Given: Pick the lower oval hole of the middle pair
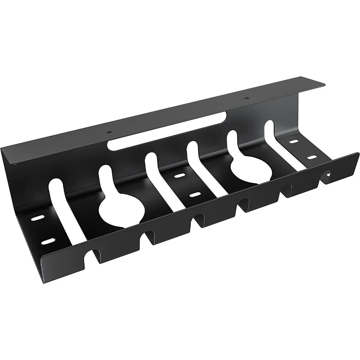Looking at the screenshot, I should (195, 195).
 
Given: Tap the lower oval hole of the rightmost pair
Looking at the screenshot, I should (311, 157).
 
